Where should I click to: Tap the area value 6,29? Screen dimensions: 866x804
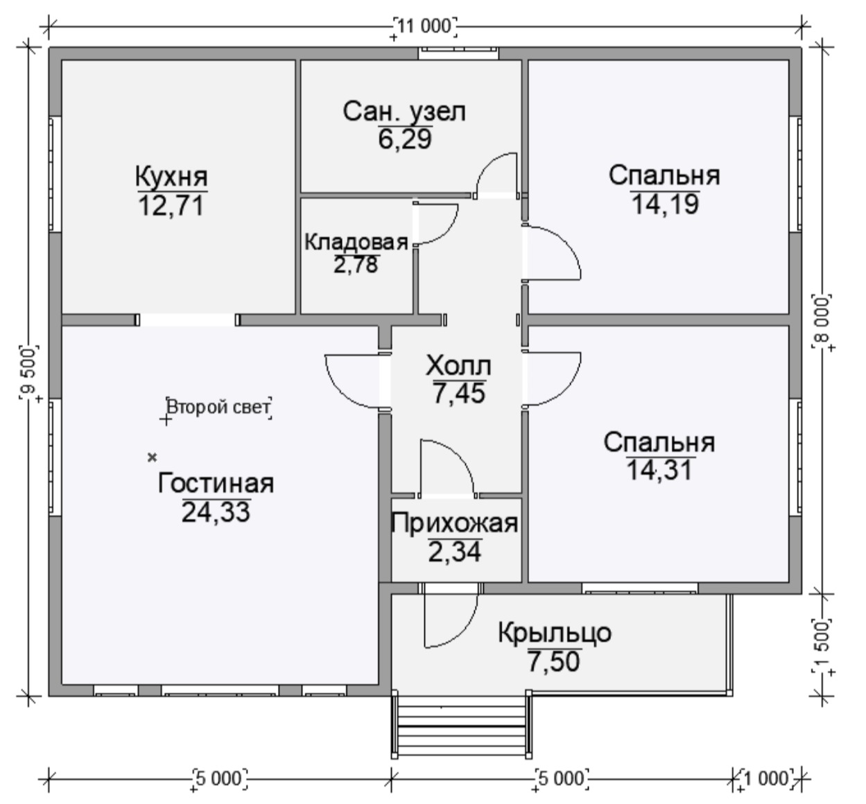[x=405, y=139]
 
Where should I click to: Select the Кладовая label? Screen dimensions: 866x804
[x=356, y=242]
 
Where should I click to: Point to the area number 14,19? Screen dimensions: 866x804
[x=665, y=204]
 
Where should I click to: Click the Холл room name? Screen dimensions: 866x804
[x=458, y=366]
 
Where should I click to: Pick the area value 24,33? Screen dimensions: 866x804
[x=216, y=512]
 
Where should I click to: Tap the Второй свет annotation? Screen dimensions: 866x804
[x=218, y=408]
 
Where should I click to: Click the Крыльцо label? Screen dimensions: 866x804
[x=555, y=633]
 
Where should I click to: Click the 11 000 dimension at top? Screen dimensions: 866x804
[x=425, y=26]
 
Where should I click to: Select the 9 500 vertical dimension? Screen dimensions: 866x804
[x=29, y=372]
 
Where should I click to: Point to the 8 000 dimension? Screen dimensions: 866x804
[x=822, y=322]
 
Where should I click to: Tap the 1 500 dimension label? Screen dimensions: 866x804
[x=822, y=646]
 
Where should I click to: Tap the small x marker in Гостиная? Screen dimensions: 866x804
[x=152, y=457]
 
